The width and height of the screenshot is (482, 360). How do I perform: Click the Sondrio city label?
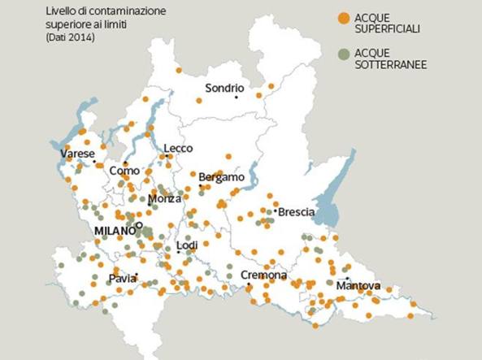225,88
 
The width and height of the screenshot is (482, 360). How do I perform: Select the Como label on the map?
125,171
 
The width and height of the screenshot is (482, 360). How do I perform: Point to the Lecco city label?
178,148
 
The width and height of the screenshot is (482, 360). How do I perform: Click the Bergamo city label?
221,177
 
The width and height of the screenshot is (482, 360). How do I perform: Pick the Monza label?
165,199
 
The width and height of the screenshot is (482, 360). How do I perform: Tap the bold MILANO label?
113,231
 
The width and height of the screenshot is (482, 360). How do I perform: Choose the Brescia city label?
296,212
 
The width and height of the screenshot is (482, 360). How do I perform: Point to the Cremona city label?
263,275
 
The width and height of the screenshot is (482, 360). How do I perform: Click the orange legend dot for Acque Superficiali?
345,17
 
